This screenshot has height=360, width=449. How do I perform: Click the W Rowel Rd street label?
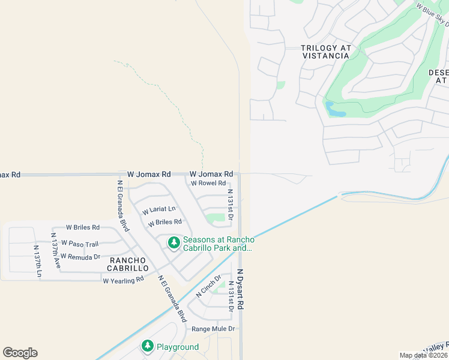208,184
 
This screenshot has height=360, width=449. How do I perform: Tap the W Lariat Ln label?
159,210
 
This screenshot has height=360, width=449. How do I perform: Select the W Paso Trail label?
83,244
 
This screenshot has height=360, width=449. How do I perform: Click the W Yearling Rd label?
123,280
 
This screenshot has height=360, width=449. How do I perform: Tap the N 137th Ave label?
55,250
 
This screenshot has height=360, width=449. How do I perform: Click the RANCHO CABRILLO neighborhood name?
128,264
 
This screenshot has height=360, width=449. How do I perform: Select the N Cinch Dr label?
209,287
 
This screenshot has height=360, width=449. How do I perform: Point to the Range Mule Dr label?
213,329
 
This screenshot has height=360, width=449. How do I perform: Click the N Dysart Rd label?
241,289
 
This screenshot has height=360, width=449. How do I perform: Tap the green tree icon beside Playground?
147,346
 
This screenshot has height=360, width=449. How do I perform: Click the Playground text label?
178,347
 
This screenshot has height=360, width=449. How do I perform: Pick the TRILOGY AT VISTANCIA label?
325,52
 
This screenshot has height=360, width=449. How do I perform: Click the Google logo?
20,353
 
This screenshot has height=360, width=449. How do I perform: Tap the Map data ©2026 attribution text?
423,355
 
